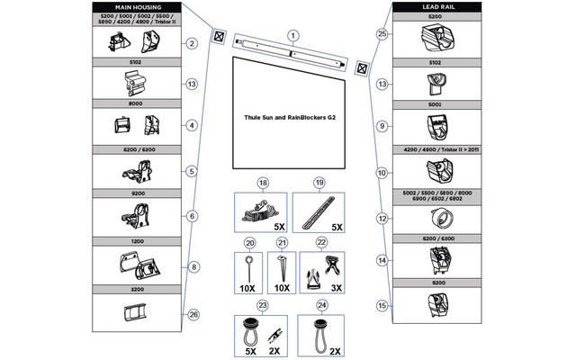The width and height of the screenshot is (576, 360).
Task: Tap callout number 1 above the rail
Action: click(x=291, y=34)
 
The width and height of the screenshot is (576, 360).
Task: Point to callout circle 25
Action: click(x=382, y=34)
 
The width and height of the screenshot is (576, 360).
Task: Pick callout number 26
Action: click(x=192, y=314)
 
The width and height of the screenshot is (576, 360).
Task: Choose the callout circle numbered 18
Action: click(x=263, y=183)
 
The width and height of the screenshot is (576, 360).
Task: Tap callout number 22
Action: click(x=321, y=243)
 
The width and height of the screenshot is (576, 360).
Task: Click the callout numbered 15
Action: click(x=382, y=306)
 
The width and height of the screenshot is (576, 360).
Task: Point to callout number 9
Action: click(x=382, y=126)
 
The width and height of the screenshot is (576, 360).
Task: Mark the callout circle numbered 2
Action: click(x=192, y=43)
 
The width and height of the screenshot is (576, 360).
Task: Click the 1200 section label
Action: click(x=138, y=241)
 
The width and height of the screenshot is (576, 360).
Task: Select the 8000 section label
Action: click(x=138, y=104)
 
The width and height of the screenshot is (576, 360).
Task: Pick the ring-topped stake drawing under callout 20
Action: click(x=246, y=265)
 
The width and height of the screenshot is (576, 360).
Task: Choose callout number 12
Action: click(x=382, y=218)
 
